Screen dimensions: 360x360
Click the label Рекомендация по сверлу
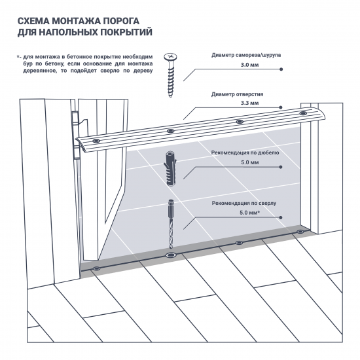pyautogui.click(x=244, y=203)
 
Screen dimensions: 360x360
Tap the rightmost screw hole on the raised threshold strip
pyautogui.click(x=302, y=114)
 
